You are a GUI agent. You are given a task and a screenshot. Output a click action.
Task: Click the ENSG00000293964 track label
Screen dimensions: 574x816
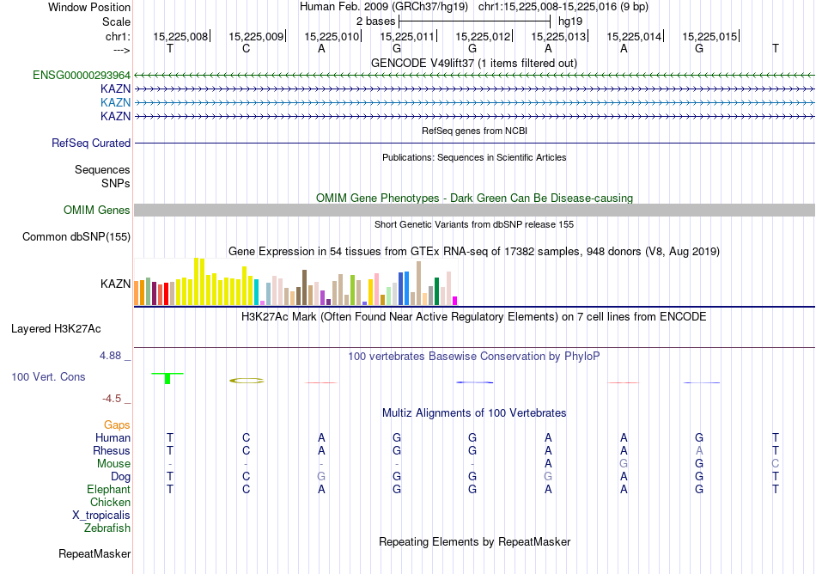click(82, 76)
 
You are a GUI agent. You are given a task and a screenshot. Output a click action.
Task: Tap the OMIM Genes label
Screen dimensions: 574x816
click(97, 211)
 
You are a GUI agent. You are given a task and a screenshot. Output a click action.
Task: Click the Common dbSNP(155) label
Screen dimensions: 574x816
click(76, 237)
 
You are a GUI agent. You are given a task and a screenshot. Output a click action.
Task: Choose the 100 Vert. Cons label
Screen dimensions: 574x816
click(48, 377)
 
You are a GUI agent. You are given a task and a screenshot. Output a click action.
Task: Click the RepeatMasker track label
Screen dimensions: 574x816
click(94, 554)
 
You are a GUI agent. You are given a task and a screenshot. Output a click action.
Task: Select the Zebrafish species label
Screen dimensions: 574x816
click(107, 528)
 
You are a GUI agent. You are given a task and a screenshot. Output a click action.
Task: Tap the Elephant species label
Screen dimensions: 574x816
click(108, 490)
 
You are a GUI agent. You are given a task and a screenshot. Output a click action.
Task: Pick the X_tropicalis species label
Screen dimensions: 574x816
click(101, 516)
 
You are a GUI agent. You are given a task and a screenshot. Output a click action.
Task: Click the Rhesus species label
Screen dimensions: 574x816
click(112, 451)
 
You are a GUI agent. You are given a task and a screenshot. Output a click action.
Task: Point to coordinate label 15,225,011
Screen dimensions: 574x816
click(407, 37)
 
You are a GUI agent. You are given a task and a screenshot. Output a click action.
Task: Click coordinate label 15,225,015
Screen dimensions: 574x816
click(709, 37)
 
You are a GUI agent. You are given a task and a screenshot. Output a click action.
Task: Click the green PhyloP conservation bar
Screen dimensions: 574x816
click(167, 377)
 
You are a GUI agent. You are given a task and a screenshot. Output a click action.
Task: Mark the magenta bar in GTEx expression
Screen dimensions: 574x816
click(455, 300)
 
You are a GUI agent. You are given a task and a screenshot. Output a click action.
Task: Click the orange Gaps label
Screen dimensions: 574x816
click(117, 425)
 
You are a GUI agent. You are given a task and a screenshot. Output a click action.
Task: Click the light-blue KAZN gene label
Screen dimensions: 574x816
click(115, 102)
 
